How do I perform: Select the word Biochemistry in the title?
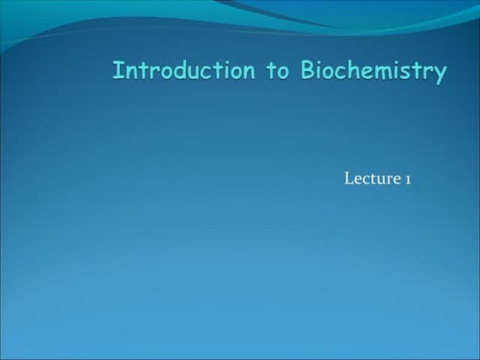pos(373,71)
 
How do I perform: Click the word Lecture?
pos(372,178)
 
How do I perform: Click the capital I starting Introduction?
pos(117,70)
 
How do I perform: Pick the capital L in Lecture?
pos(348,178)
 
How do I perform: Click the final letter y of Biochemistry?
pos(439,74)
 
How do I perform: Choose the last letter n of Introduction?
pos(247,72)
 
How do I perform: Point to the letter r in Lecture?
pos(388,179)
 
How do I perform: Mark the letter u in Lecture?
pos(380,179)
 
